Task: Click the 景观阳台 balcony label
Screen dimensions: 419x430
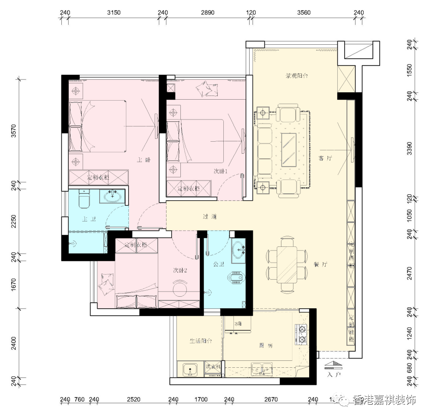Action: [x=296, y=75]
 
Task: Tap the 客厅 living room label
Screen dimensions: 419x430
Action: [x=326, y=158]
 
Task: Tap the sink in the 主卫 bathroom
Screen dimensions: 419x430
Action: [x=113, y=197]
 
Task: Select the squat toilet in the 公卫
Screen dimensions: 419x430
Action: [x=236, y=279]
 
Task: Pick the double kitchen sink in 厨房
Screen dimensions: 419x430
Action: [x=262, y=369]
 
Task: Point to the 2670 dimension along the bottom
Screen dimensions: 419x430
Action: [x=271, y=399]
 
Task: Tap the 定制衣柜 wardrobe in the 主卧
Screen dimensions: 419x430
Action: [x=98, y=177]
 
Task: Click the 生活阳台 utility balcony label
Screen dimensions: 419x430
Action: [x=201, y=341]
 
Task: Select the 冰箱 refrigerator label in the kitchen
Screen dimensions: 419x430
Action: [x=238, y=324]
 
